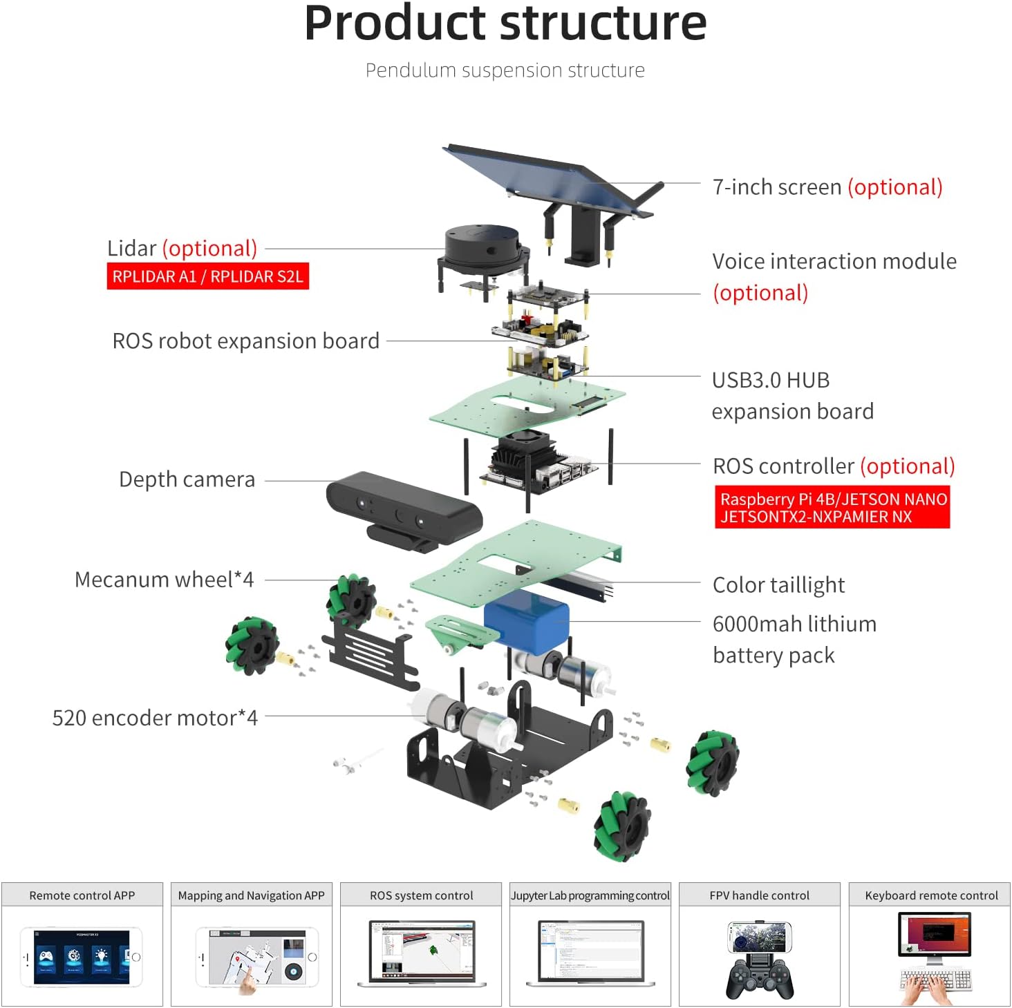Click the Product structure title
[505, 23]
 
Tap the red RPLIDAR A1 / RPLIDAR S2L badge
[207, 276]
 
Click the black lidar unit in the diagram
[480, 249]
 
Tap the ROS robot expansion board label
[245, 341]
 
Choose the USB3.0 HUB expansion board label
[792, 395]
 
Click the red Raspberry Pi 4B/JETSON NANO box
[832, 508]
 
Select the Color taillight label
[778, 585]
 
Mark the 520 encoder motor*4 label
[155, 718]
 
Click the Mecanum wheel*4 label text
[164, 580]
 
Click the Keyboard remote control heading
[930, 895]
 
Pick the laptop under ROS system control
[422, 953]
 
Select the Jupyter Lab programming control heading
[590, 895]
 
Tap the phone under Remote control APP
[82, 956]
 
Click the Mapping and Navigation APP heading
[251, 895]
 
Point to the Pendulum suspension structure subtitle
[505, 70]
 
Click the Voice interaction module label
[834, 262]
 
